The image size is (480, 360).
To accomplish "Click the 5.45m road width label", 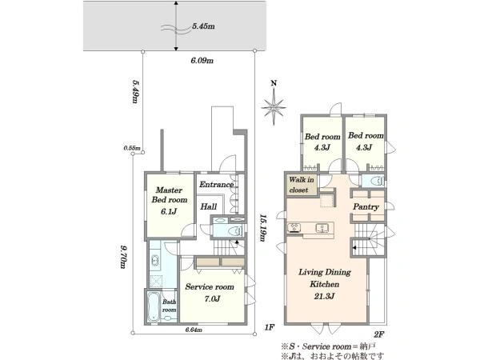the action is (203, 26).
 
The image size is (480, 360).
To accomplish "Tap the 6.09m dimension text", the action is (202, 61).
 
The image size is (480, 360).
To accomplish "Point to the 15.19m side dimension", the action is (262, 227).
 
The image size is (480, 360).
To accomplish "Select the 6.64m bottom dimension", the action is (194, 330).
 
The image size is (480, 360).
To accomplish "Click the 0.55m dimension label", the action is (132, 148).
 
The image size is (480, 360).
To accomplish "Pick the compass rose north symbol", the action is (274, 103).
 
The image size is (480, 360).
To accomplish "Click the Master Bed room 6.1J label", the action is (170, 201).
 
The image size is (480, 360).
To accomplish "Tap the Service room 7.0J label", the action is (210, 292).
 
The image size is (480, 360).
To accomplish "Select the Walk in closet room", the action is (302, 185).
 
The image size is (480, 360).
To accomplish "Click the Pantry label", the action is (366, 206).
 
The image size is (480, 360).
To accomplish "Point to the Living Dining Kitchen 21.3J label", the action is (325, 284).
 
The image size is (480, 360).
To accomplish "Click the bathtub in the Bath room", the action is (154, 306).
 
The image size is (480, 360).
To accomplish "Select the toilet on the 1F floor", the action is (234, 230).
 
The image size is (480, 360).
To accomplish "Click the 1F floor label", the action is (270, 327).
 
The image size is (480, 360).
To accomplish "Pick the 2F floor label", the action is (378, 334).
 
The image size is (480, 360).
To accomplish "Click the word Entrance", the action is (217, 185).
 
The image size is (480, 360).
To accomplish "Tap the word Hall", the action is (209, 206).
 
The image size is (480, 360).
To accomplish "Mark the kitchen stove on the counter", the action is (294, 228).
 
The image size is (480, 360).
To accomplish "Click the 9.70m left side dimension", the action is (122, 256).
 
